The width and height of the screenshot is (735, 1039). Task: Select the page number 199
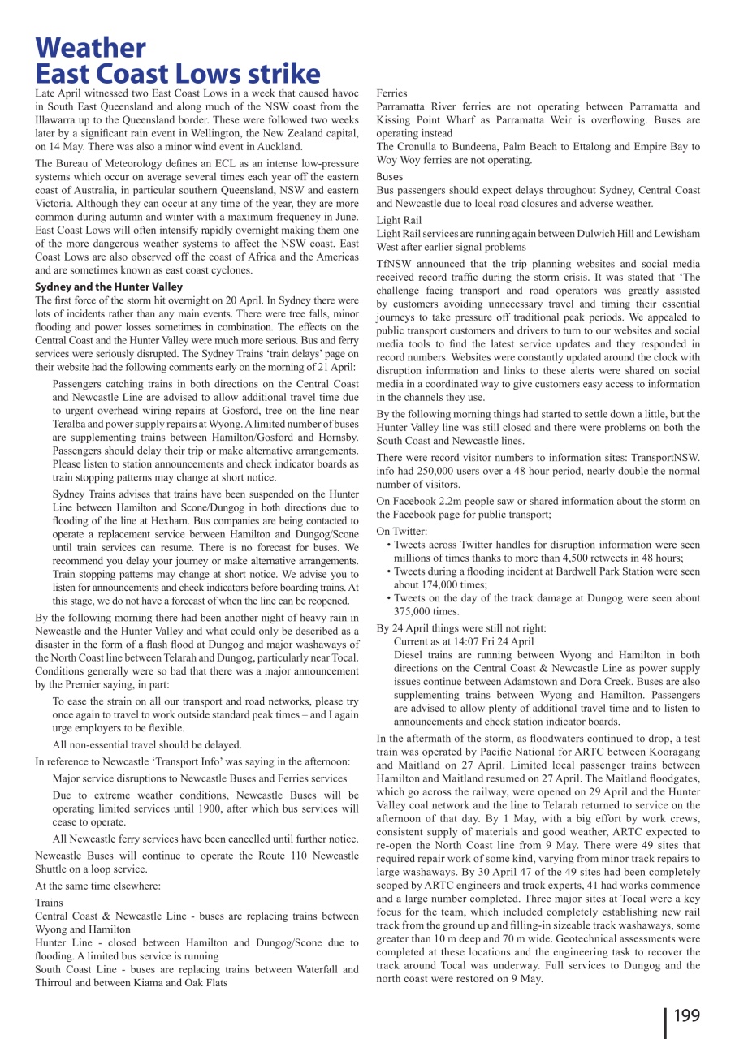[686, 1015]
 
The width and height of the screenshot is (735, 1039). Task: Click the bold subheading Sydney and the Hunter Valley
[109, 287]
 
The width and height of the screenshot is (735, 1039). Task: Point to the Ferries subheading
[392, 93]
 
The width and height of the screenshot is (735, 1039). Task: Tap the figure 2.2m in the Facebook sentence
[447, 501]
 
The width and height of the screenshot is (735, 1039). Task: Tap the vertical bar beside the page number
[666, 1021]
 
